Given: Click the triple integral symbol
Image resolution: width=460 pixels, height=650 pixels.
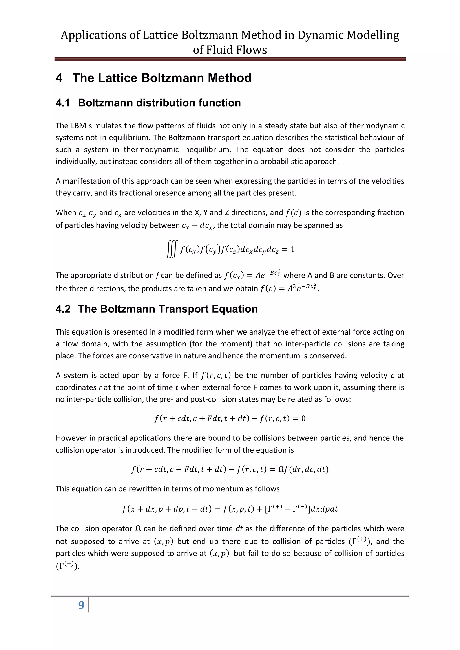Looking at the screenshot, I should [x=171, y=249].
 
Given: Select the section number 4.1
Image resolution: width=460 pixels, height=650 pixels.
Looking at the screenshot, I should [x=63, y=103].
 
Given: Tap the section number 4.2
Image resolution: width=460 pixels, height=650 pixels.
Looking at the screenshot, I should [x=63, y=309].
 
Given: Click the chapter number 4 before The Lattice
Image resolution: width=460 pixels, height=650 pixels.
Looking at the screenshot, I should [x=59, y=78].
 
